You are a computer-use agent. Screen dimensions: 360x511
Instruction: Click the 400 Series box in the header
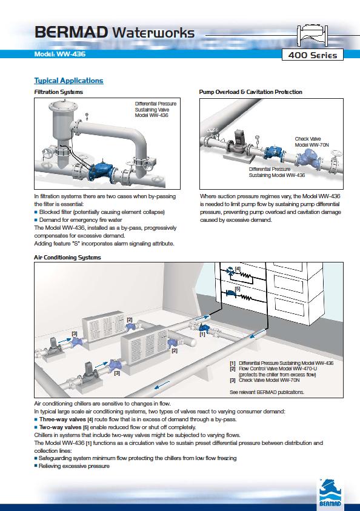[313, 55]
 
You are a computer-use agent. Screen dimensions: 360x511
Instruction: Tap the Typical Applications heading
[68, 81]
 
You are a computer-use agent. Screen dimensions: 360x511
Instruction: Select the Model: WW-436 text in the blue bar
[59, 54]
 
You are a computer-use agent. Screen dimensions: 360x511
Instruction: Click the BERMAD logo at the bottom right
[330, 493]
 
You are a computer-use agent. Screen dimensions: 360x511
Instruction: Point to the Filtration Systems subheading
[59, 92]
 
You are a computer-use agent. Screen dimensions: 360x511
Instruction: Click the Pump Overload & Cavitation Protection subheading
[250, 92]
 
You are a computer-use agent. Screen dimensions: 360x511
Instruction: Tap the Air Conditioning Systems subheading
[67, 258]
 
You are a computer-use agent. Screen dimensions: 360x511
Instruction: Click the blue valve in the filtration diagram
[101, 171]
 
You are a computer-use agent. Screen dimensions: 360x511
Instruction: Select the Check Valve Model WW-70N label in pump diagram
[312, 142]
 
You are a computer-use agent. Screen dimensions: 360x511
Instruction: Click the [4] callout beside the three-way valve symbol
[238, 269]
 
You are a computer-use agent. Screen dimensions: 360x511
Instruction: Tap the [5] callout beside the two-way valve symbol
[238, 289]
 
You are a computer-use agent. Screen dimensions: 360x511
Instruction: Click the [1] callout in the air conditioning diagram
[202, 334]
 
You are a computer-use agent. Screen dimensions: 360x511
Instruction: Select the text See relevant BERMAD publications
[267, 392]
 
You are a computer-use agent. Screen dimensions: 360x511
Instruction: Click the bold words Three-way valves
[62, 419]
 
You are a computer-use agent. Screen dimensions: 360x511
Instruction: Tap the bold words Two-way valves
[60, 427]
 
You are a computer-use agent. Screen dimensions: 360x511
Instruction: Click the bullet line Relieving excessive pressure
[72, 466]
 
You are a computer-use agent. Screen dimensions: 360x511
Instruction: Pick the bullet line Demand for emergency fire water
[78, 220]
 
